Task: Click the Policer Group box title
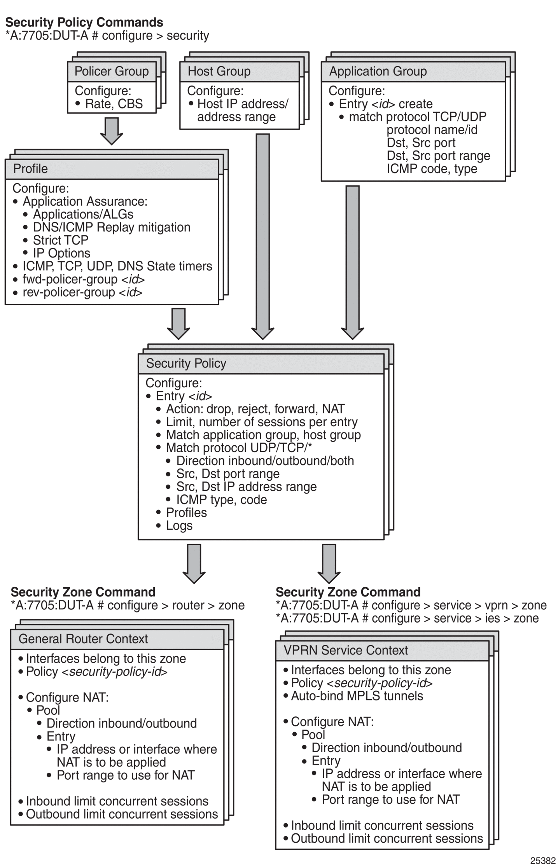[112, 71]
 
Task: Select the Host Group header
[219, 71]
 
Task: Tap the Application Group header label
[378, 71]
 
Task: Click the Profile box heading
[30, 168]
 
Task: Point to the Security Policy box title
[186, 363]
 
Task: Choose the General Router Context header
[83, 639]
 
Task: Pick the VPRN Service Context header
[346, 650]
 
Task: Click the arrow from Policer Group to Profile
[112, 131]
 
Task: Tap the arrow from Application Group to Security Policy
[352, 262]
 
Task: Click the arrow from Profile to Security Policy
[178, 324]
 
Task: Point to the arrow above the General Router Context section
[194, 563]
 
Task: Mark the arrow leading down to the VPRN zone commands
[329, 563]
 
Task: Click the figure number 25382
[543, 861]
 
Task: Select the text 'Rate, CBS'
[114, 104]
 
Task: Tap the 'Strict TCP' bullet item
[60, 240]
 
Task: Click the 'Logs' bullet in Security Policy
[179, 525]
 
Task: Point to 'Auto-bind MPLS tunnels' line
[357, 696]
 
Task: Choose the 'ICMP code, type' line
[432, 169]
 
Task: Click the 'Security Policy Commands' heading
[84, 22]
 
